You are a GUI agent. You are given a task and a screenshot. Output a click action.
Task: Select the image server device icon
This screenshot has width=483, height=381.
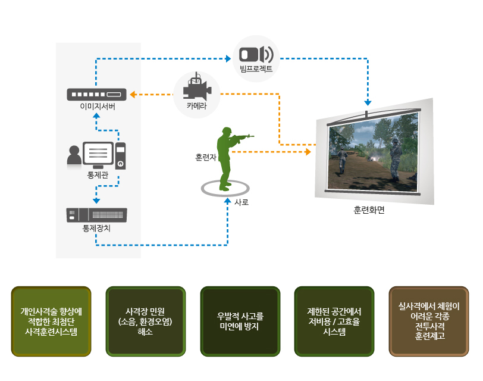pos(97,94)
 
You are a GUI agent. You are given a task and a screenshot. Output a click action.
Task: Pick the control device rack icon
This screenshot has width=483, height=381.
pos(97,214)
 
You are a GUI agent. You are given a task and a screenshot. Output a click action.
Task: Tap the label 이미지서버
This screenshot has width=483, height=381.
pos(97,107)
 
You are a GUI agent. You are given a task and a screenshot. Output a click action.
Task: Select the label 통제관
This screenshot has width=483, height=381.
pos(97,174)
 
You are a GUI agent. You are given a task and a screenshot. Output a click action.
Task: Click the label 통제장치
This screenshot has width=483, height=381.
pos(97,228)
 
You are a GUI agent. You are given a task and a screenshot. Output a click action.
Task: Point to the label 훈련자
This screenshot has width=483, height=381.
pos(205,158)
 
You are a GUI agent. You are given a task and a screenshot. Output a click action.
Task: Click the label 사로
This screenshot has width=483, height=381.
pos(242,202)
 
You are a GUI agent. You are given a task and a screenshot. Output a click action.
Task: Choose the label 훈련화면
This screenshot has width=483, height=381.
pos(369,211)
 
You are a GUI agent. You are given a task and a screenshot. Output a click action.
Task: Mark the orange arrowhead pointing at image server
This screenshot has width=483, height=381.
pos(134,94)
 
